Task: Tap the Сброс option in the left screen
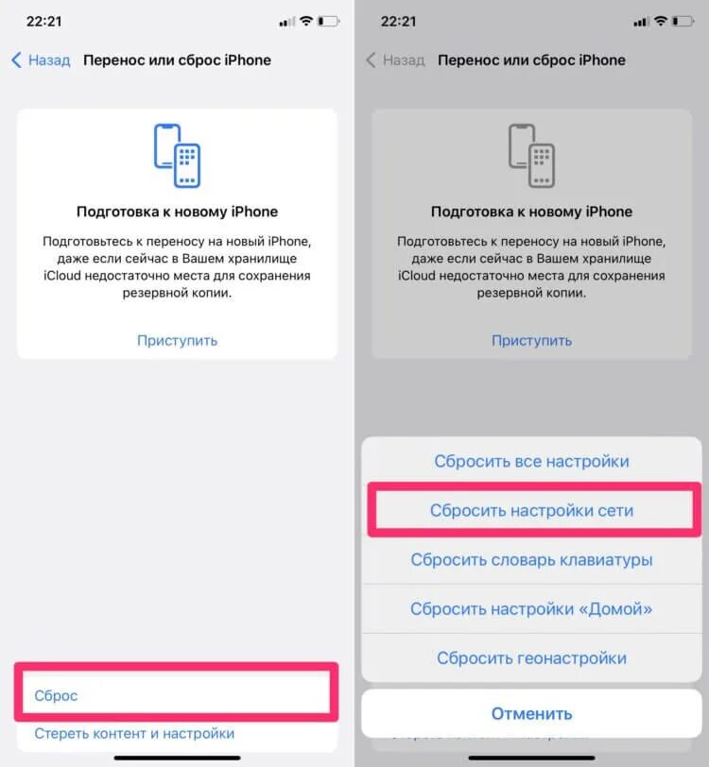pos(57,695)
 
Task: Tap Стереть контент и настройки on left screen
pos(134,733)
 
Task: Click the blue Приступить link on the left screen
pos(177,340)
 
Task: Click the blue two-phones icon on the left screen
pos(177,156)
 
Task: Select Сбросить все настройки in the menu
pos(531,462)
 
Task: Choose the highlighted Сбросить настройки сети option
pos(531,510)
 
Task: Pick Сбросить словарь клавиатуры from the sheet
pos(531,559)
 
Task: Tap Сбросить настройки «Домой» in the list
pos(531,609)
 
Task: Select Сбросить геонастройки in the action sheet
pos(531,658)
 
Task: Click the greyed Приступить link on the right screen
pos(531,340)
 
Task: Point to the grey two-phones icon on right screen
pos(531,156)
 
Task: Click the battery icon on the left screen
pos(328,21)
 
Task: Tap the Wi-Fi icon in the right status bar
pos(662,21)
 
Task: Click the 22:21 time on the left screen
pos(43,21)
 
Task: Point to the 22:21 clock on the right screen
pos(397,21)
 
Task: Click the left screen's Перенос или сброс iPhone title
pos(177,60)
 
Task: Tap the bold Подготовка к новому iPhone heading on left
pos(177,212)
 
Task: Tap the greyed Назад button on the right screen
pos(395,60)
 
